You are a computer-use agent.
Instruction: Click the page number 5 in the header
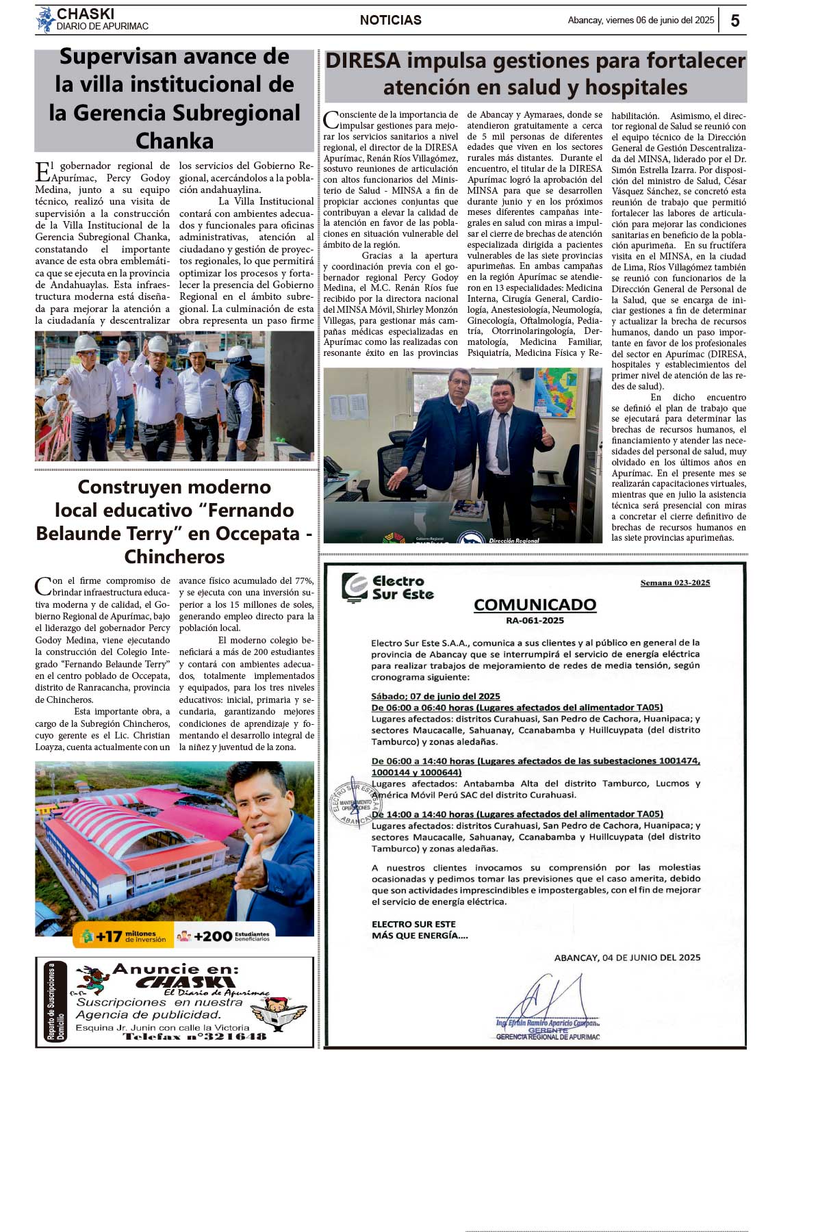click(735, 21)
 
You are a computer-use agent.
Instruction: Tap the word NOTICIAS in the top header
click(390, 21)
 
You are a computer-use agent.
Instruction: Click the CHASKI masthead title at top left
click(86, 14)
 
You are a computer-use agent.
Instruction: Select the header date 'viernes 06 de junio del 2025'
click(660, 21)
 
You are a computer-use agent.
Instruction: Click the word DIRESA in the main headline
click(363, 61)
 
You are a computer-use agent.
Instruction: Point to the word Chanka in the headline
click(175, 140)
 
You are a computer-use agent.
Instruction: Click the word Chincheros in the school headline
click(175, 556)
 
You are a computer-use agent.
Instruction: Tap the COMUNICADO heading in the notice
click(535, 605)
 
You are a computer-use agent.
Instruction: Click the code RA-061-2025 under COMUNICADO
click(535, 621)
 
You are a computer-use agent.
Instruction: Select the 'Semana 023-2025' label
click(675, 583)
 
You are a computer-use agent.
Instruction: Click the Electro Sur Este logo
click(388, 588)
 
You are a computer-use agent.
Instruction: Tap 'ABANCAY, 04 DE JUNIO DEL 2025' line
click(627, 958)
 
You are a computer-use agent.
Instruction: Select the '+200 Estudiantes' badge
click(224, 936)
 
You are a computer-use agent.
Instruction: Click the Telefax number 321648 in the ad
click(194, 1037)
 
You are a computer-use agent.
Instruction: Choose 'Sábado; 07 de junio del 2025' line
click(435, 696)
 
